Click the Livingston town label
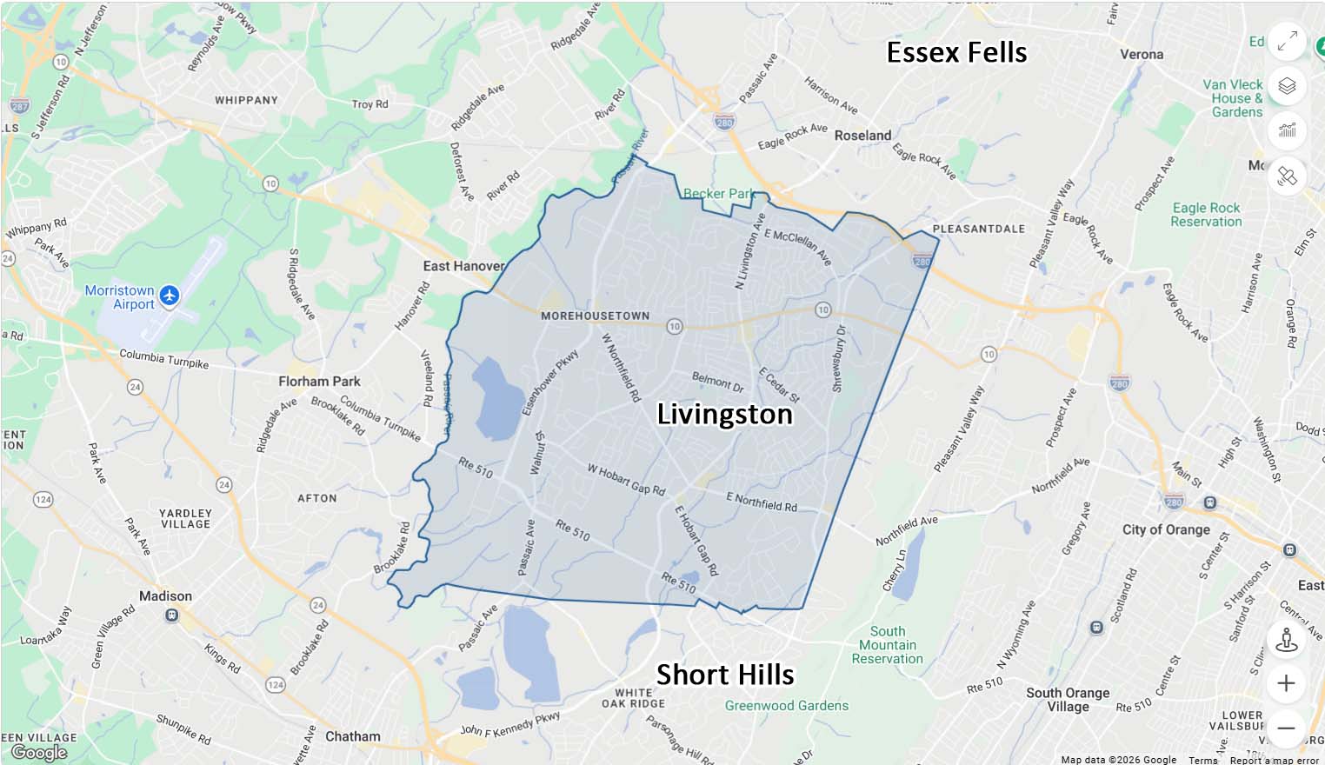[x=724, y=414]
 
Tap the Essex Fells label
[x=956, y=52]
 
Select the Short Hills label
[x=725, y=675]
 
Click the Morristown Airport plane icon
[x=170, y=296]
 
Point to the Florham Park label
[x=319, y=381]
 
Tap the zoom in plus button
[x=1286, y=683]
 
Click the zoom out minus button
[x=1286, y=728]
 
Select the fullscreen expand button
[x=1287, y=41]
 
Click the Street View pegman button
[x=1286, y=639]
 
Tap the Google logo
[x=39, y=752]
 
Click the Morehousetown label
[x=595, y=316]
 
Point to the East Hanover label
[x=463, y=266]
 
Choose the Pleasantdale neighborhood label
[x=978, y=229]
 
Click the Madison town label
[x=165, y=596]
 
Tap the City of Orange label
[x=1165, y=529]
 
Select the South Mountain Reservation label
[x=887, y=645]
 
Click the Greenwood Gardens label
[x=786, y=706]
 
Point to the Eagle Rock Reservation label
[x=1206, y=215]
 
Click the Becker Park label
[x=718, y=194]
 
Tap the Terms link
[x=1203, y=760]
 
